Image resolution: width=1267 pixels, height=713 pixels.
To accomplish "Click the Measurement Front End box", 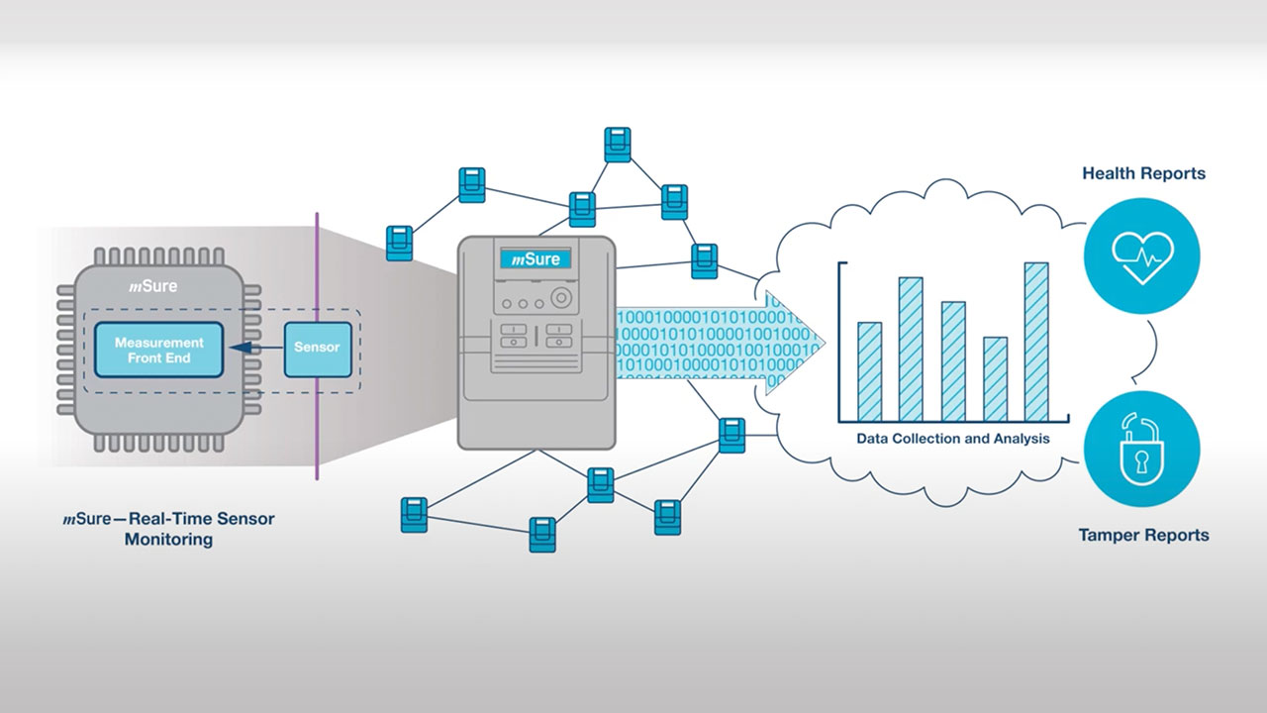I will (x=158, y=350).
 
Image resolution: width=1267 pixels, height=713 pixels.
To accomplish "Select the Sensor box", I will (x=317, y=349).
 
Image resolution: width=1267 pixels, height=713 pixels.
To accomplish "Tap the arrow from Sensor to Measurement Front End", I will (x=253, y=349).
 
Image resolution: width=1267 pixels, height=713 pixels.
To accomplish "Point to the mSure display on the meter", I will (x=535, y=259).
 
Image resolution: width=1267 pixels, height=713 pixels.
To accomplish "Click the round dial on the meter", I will (x=561, y=298).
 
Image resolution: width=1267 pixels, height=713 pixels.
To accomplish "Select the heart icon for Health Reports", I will (x=1141, y=256).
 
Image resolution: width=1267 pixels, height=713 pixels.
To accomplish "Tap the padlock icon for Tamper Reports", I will (x=1141, y=448).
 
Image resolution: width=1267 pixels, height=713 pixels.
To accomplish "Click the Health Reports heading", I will (x=1143, y=173).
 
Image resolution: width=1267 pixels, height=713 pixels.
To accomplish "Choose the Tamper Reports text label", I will (x=1143, y=535).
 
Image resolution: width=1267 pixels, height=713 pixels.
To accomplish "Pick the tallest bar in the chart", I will (x=1035, y=341).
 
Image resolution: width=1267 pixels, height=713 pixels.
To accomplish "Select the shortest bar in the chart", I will (x=995, y=378).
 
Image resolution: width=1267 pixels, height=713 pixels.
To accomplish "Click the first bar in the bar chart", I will (x=869, y=371).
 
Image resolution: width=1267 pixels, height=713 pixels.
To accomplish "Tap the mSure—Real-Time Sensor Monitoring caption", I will (x=168, y=529).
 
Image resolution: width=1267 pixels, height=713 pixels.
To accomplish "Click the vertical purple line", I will (x=317, y=436).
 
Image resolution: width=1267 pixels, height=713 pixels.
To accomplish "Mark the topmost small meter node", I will (x=618, y=144).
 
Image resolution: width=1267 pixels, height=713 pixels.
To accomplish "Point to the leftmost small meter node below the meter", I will (x=414, y=515).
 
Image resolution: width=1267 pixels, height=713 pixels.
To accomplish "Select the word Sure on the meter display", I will (x=542, y=259).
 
